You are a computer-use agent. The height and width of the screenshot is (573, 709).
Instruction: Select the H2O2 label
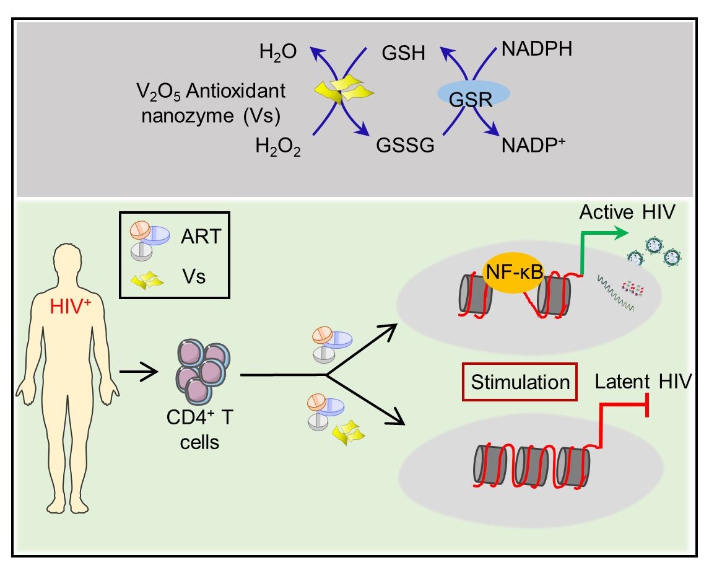[x=276, y=147]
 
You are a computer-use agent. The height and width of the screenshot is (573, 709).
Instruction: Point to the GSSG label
[x=404, y=147]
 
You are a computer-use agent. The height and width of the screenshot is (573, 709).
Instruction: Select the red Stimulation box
[x=520, y=381]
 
